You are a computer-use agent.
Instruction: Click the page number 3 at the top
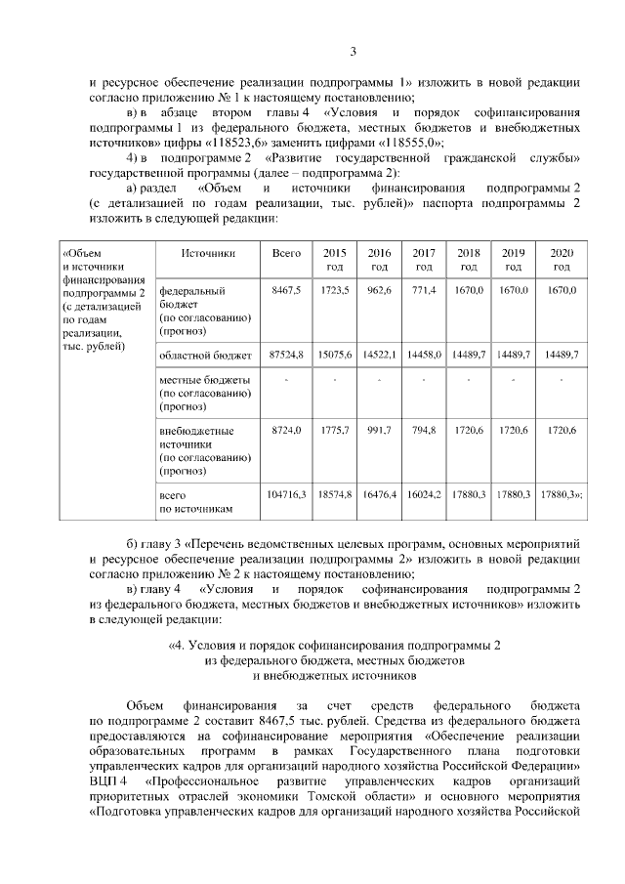pos(354,51)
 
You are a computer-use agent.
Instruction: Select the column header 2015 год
pos(334,259)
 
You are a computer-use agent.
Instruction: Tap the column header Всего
pos(286,253)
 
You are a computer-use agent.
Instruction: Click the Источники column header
pos(208,253)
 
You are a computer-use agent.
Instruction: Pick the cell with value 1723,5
pos(334,291)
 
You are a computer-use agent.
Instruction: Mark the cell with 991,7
pos(379,430)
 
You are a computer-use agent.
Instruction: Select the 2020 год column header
pos(561,259)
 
